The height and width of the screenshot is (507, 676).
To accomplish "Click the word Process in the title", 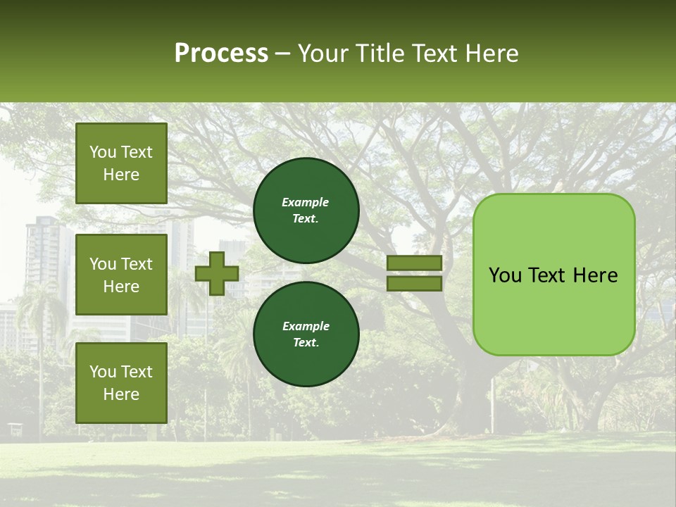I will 221,54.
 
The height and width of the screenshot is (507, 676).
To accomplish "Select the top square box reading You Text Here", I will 121,163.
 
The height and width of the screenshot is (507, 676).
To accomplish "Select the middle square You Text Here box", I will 121,275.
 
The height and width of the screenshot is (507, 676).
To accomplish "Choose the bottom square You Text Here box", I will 121,382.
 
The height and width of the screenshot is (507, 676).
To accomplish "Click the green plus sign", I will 217,273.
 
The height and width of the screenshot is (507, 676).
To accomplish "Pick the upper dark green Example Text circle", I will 306,211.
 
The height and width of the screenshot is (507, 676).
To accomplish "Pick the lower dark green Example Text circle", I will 306,334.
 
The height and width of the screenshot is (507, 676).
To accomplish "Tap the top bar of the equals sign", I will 414,263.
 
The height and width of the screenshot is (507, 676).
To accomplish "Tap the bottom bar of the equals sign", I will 414,284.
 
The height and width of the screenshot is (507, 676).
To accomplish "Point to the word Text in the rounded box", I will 551,275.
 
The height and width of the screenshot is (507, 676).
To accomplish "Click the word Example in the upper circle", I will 306,202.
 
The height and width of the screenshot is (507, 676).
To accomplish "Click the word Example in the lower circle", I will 306,326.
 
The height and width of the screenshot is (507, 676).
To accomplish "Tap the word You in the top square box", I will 103,152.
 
